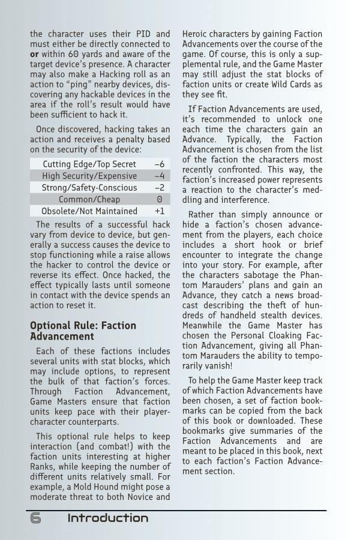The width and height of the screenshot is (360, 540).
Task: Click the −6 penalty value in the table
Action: click(159, 164)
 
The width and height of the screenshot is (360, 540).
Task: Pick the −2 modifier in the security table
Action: click(159, 188)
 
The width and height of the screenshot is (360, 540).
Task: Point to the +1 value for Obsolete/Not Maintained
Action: click(159, 211)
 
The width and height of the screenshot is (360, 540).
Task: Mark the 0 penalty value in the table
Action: click(160, 199)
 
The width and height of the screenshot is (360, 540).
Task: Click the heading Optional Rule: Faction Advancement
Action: click(83, 331)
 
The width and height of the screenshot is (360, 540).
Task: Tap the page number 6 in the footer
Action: click(35, 518)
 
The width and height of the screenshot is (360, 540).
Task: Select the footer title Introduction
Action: click(107, 518)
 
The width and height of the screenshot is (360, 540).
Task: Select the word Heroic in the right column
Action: click(194, 34)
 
